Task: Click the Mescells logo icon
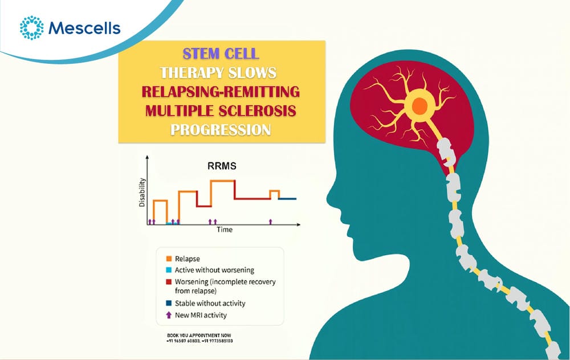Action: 31,27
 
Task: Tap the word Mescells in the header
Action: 84,28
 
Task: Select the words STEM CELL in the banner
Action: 221,54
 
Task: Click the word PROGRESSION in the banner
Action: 221,130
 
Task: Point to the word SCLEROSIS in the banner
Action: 258,111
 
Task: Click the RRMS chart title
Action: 222,166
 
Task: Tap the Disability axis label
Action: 142,192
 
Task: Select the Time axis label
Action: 225,230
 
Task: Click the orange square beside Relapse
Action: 169,259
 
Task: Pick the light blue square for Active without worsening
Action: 169,270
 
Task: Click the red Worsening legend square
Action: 169,281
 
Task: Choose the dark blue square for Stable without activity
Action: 169,303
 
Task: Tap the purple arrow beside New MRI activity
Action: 169,315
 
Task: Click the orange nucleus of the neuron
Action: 420,105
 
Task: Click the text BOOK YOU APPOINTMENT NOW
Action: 199,336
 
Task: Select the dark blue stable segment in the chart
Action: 287,199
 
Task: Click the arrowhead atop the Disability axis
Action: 147,157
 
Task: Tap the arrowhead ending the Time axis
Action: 299,225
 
